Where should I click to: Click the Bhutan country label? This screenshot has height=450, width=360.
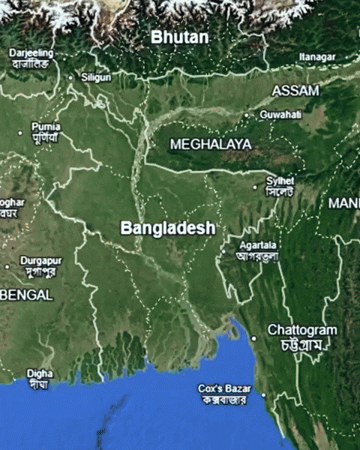pyautogui.click(x=179, y=36)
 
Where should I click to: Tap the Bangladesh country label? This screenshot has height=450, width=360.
pyautogui.click(x=168, y=227)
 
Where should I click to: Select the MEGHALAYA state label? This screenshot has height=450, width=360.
pyautogui.click(x=211, y=143)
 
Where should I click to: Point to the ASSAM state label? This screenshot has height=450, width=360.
pyautogui.click(x=295, y=91)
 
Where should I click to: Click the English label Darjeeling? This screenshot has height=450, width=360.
pyautogui.click(x=31, y=53)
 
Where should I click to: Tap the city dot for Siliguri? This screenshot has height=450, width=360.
pyautogui.click(x=71, y=76)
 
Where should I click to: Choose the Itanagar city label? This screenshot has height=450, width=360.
pyautogui.click(x=317, y=56)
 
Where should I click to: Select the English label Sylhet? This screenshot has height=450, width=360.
pyautogui.click(x=280, y=181)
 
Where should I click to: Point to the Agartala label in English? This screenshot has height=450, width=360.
pyautogui.click(x=257, y=245)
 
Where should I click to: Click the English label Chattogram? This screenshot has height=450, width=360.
pyautogui.click(x=302, y=330)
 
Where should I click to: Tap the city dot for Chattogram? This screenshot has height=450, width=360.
pyautogui.click(x=253, y=338)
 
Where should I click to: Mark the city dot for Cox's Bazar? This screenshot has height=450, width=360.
pyautogui.click(x=263, y=394)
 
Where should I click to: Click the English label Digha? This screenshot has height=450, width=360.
pyautogui.click(x=40, y=373)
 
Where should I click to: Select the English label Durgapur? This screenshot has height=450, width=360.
pyautogui.click(x=40, y=260)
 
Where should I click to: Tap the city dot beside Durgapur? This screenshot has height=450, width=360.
pyautogui.click(x=7, y=266)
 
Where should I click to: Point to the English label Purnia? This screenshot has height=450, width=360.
pyautogui.click(x=46, y=127)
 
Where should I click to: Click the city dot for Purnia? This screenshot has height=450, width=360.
pyautogui.click(x=20, y=133)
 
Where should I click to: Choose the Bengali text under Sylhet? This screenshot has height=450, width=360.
pyautogui.click(x=280, y=191)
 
